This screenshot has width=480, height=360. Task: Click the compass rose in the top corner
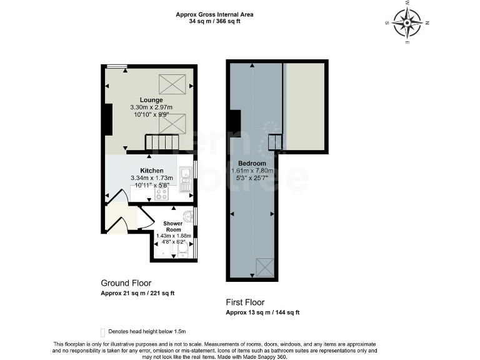coord(407,24)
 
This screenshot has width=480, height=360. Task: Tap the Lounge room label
coord(151,100)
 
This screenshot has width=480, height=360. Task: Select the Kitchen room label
coord(152,171)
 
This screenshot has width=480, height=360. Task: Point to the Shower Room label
coord(173,226)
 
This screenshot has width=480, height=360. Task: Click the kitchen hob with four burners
coord(162,194)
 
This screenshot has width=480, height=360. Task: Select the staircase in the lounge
coord(162,143)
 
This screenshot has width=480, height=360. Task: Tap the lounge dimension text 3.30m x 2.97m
coord(151,107)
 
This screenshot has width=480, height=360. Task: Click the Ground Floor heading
coord(126,283)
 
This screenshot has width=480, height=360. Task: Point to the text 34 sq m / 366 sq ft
coord(214,21)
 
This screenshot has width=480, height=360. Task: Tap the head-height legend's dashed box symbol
coord(102,331)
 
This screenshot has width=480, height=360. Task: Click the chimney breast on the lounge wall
coord(107,119)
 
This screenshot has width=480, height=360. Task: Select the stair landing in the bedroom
coord(275,143)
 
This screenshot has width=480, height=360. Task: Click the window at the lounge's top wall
coord(114,66)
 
